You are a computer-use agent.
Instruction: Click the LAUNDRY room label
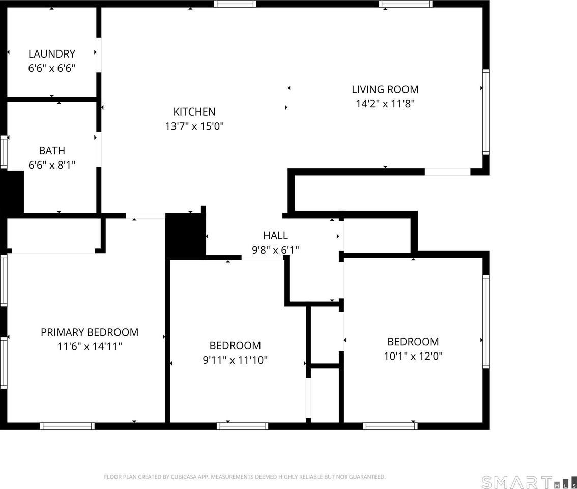(52, 54)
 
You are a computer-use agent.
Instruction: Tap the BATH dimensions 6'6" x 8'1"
(52, 165)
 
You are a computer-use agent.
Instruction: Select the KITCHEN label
(194, 112)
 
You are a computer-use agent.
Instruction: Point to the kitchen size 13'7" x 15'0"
(194, 126)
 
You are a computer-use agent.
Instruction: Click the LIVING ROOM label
(385, 89)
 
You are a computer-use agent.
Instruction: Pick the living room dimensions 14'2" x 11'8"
(385, 104)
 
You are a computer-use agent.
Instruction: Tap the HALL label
(275, 235)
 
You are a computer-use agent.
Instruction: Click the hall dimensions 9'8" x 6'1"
(275, 250)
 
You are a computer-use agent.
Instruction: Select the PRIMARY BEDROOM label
(90, 332)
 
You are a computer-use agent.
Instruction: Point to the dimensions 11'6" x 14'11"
(90, 347)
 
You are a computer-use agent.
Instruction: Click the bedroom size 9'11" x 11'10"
(235, 360)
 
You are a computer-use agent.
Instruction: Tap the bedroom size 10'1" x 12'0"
(413, 357)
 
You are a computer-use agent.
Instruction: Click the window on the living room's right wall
(486, 112)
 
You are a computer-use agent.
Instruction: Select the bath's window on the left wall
(4, 152)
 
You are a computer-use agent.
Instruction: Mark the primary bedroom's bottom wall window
(67, 426)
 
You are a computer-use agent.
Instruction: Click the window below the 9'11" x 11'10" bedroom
(242, 426)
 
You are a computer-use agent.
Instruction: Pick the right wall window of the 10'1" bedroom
(486, 321)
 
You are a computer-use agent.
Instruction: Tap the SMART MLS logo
(529, 482)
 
